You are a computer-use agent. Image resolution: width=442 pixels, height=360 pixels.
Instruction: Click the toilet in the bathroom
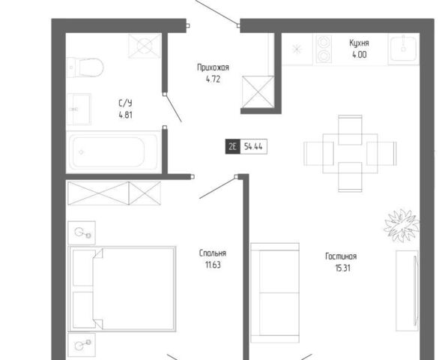(x=85, y=67)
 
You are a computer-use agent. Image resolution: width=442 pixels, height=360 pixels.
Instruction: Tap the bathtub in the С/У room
(x=113, y=151)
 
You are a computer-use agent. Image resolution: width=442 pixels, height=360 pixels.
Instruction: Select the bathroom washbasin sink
(x=79, y=109)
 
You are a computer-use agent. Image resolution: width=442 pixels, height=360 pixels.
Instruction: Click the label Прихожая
(x=213, y=67)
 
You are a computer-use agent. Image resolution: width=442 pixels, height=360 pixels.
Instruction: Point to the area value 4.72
(x=213, y=79)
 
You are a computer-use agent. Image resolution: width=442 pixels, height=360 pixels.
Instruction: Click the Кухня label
(x=359, y=43)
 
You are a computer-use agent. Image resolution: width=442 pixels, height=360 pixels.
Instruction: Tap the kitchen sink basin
(x=404, y=49)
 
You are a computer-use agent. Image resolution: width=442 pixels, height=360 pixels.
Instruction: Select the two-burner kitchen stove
(x=324, y=49)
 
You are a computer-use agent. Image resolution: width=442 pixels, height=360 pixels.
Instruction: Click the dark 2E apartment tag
(x=232, y=146)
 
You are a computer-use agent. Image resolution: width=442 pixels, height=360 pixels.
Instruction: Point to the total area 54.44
(x=253, y=146)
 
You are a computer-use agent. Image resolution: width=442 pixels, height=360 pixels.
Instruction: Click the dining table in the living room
(x=350, y=154)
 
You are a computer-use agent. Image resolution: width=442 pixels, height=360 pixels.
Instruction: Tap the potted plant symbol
(x=402, y=225)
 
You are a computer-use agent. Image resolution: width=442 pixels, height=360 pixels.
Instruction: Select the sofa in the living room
(x=275, y=292)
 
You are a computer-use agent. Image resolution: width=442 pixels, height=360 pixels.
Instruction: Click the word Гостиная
(x=341, y=256)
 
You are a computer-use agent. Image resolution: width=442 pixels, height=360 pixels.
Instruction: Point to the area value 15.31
(x=343, y=268)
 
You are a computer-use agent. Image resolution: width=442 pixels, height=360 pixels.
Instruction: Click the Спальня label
(x=213, y=253)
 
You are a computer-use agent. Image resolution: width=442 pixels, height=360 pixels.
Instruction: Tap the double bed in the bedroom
(x=122, y=289)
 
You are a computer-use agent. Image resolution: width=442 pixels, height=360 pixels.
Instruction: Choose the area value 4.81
(x=126, y=115)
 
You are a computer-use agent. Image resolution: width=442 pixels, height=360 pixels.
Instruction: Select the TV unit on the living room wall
(x=407, y=290)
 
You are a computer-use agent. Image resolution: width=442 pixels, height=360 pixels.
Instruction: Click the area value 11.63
(x=213, y=265)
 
